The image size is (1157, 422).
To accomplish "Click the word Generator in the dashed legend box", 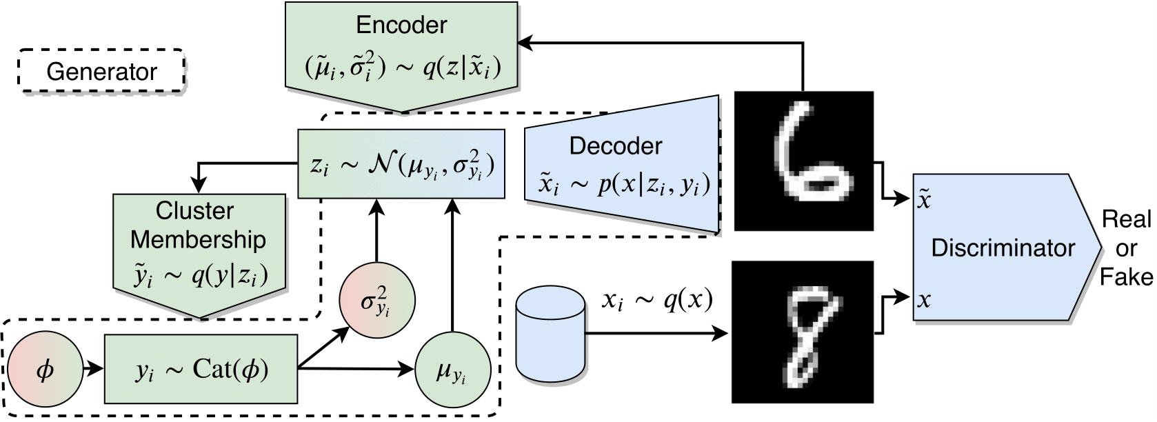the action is pos(102,72).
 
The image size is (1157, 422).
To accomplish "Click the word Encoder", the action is pos(401,26).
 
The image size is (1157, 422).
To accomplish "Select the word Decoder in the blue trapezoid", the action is pos(615,146).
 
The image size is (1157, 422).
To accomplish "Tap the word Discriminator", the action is pos(1003,248).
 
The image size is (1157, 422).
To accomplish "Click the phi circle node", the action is pos(46,369).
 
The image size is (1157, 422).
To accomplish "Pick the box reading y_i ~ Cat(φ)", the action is pos(201,369).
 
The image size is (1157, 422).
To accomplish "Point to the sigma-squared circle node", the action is pos(377,301).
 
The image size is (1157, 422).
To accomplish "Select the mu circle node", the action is pos(453,369).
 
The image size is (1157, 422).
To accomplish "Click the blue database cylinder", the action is pos(551,334).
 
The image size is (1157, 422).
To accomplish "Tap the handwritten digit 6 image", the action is pos(804,161).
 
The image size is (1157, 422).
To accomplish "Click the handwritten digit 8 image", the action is pos(803,332).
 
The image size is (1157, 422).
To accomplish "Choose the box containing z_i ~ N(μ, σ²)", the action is pos(401,164).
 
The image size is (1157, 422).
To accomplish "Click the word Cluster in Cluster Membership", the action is pos(194,211).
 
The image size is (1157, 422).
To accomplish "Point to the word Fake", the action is pos(1126,277).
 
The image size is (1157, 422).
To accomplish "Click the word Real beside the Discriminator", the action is pos(1126,219).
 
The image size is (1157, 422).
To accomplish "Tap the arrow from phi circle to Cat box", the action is pos(94,369).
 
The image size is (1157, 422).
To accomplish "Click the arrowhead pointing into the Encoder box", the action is pos(525,43).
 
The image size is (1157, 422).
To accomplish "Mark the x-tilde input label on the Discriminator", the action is pos(924,199).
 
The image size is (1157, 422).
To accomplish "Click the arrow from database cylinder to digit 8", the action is pos(657,333).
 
